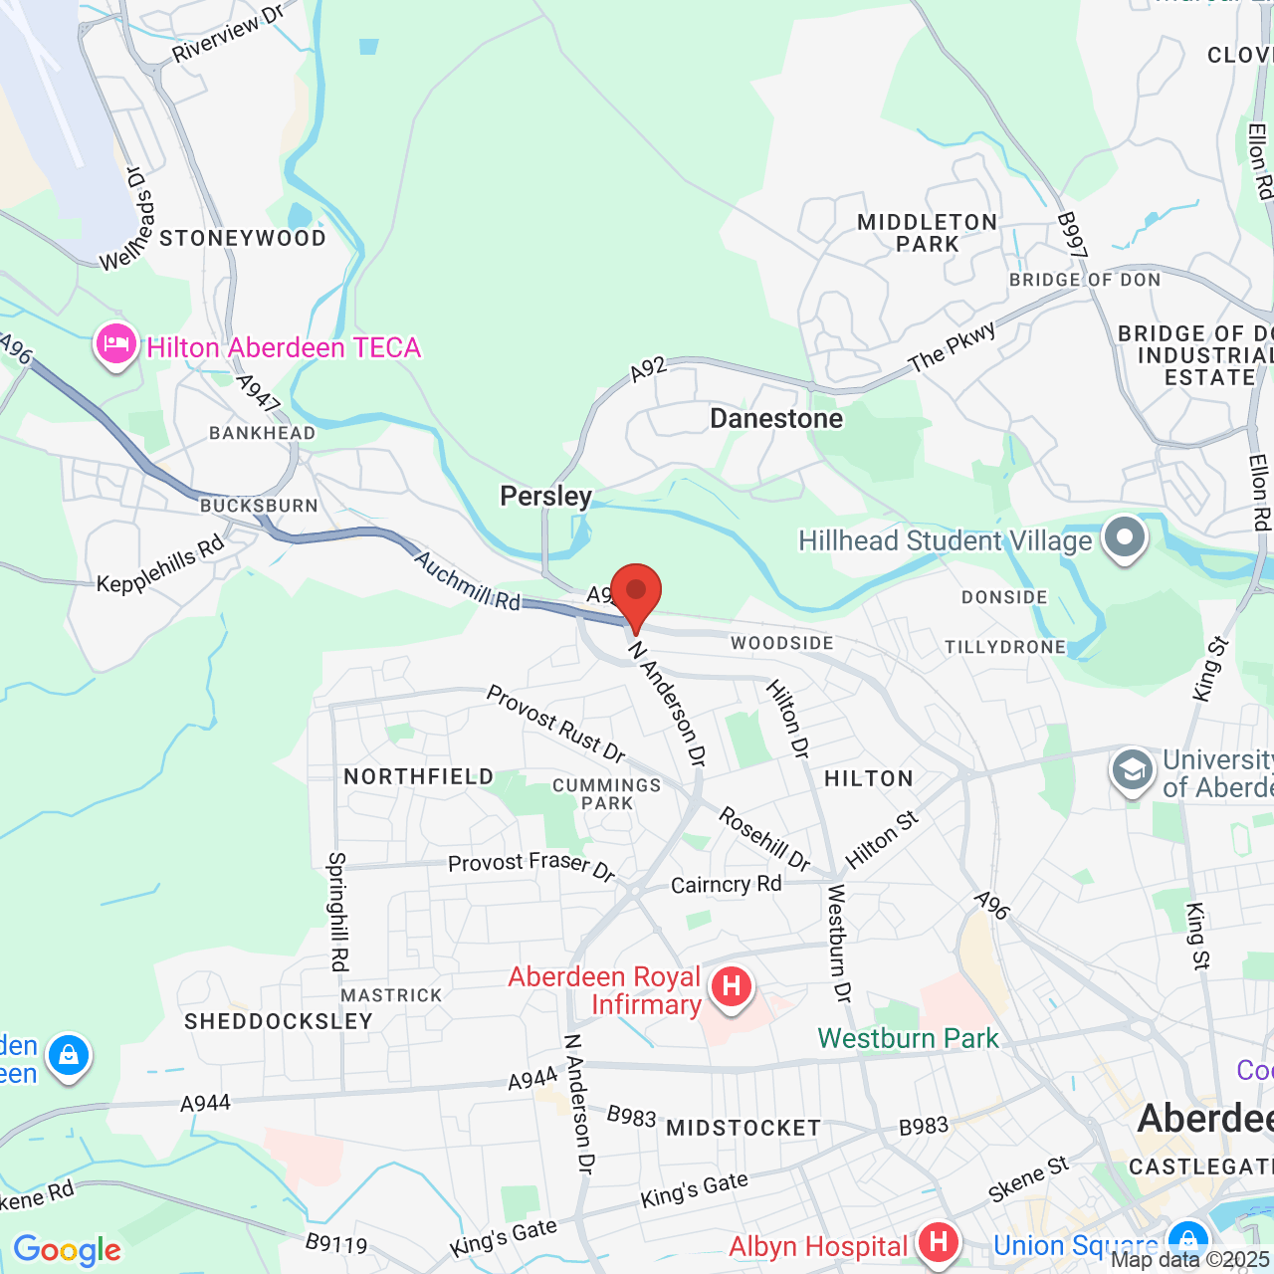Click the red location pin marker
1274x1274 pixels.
tap(635, 594)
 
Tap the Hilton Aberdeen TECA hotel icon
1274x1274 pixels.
tap(115, 345)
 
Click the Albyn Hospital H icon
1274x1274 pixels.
tap(938, 1242)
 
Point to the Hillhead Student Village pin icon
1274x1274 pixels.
tap(1125, 537)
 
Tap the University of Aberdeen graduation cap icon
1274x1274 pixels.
tap(1132, 771)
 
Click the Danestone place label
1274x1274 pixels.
tap(776, 419)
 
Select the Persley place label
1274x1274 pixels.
tap(545, 496)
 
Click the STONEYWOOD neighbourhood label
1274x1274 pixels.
tap(243, 239)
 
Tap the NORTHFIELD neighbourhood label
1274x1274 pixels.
tap(418, 776)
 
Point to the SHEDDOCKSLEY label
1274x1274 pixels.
tap(279, 1021)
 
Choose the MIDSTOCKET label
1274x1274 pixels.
tap(743, 1128)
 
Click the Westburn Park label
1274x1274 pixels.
tap(908, 1038)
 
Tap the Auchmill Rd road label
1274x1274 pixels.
tap(467, 580)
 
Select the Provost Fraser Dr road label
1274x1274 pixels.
tap(531, 866)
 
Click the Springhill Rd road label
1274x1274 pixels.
tap(338, 911)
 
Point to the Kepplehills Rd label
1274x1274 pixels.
tap(161, 565)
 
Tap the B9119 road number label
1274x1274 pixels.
tap(336, 1243)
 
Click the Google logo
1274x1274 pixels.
tap(67, 1250)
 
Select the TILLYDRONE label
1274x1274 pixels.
tap(1005, 647)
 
